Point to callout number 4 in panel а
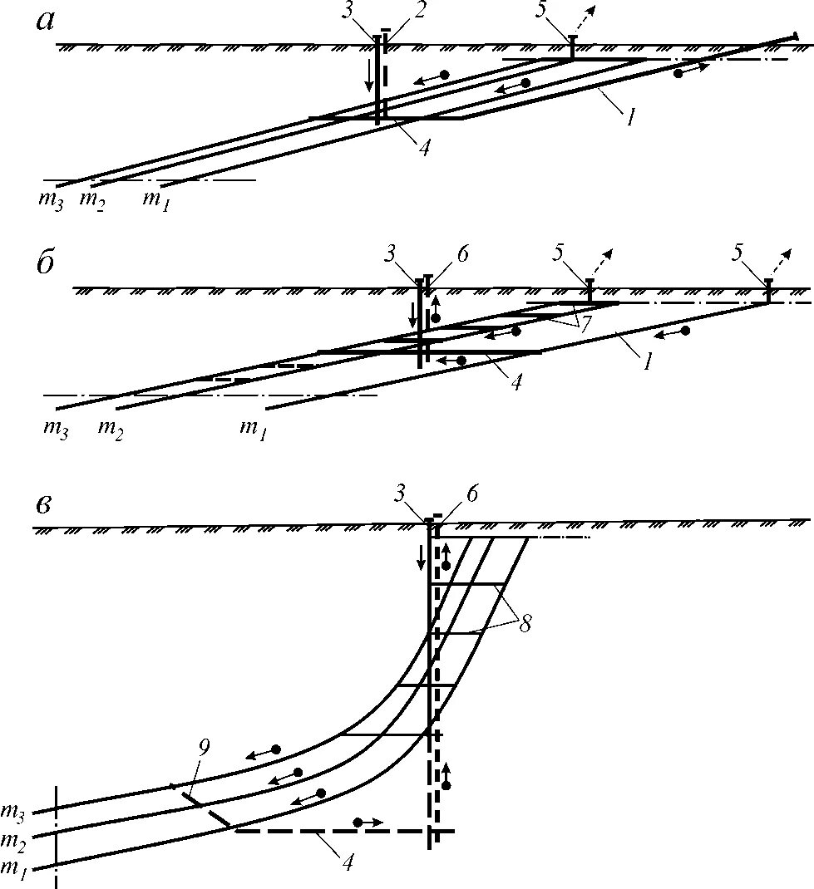coord(424,148)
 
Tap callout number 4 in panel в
coord(348,862)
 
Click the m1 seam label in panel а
coord(155,199)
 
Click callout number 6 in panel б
coord(462,254)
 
